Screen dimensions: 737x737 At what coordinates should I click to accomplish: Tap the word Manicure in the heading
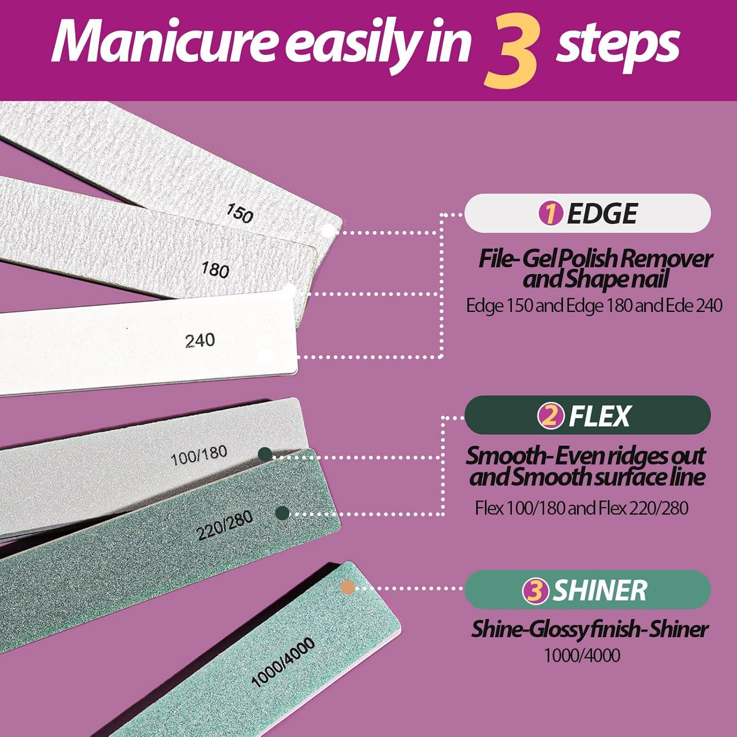tap(165, 43)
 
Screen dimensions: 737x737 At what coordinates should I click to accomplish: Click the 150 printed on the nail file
tap(239, 213)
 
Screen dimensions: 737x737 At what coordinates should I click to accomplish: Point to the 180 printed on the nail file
tap(216, 270)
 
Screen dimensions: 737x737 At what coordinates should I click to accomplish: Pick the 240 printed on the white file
tap(200, 340)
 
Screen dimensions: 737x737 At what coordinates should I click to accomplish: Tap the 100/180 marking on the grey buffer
tap(198, 456)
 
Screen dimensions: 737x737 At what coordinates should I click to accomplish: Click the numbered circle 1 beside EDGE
tap(550, 214)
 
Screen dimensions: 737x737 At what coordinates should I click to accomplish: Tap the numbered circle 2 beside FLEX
tap(550, 416)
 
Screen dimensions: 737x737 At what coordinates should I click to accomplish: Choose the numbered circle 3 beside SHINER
tap(535, 591)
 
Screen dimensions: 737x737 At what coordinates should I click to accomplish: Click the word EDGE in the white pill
tap(602, 214)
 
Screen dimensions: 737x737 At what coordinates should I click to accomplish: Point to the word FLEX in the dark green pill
tap(599, 416)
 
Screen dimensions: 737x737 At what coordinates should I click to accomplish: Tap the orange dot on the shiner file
tap(347, 587)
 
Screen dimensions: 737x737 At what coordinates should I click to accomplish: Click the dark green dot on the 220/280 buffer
tap(282, 513)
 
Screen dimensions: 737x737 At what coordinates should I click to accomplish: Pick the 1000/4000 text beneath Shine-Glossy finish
tap(582, 655)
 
